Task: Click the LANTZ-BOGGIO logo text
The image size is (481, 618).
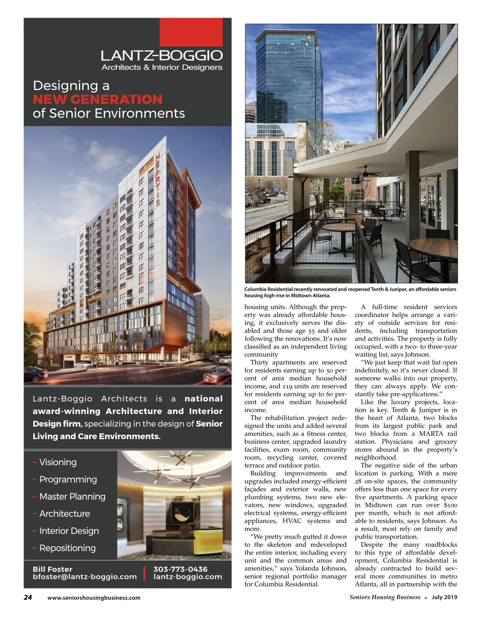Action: [162, 55]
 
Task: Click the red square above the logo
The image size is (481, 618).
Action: [191, 32]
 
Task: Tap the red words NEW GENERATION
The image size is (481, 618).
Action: [97, 99]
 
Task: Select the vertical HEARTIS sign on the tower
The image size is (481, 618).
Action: [157, 179]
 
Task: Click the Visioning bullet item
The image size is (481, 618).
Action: [58, 462]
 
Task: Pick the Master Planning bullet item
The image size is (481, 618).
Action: [72, 496]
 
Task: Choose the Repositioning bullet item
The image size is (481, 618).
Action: [67, 548]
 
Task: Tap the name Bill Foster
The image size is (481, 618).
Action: [53, 569]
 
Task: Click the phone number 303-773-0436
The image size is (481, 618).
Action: [180, 569]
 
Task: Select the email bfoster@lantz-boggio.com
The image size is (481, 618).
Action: [85, 577]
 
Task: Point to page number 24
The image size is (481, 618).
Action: [28, 597]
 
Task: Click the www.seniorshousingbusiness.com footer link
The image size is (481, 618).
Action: [94, 598]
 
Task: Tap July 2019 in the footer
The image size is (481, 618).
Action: [444, 597]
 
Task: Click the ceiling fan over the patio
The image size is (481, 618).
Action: [363, 172]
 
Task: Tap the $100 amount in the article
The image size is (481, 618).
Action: [450, 505]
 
